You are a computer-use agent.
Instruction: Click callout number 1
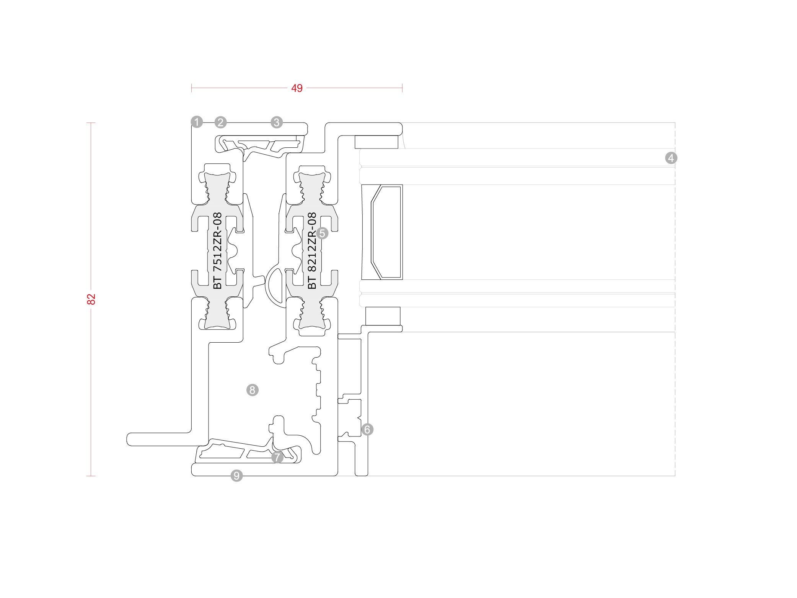click(x=197, y=122)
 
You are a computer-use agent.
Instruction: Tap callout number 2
click(x=220, y=122)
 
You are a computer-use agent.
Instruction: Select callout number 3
click(x=277, y=122)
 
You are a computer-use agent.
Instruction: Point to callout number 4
click(x=671, y=158)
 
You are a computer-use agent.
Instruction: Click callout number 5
click(x=322, y=233)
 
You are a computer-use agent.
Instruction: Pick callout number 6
click(x=367, y=430)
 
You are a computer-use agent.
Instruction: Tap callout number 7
click(x=277, y=457)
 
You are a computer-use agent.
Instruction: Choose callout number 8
click(x=252, y=390)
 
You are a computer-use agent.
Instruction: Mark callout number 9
click(x=236, y=476)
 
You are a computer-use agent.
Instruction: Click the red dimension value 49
click(x=297, y=88)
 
